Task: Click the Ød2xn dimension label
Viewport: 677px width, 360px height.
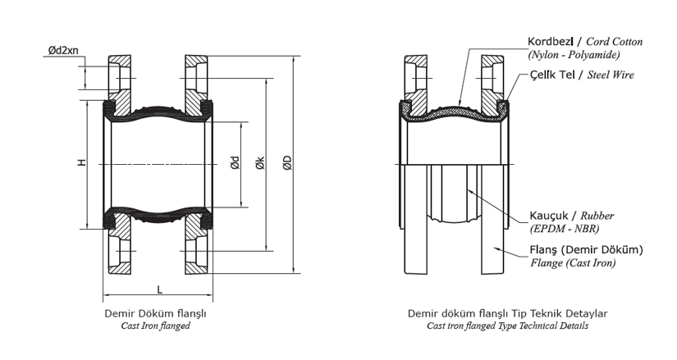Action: tap(63, 50)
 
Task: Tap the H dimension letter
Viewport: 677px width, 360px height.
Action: tap(81, 162)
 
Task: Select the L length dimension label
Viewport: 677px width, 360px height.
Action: tap(160, 289)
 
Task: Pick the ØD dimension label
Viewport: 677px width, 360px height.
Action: tap(287, 162)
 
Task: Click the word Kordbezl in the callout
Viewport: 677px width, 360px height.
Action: tap(551, 42)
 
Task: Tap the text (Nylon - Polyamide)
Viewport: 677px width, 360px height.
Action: tap(574, 55)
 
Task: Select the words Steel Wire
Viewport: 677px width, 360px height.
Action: tap(611, 75)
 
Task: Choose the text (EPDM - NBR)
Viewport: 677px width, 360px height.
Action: tap(565, 229)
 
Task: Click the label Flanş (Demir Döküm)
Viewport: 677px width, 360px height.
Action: tap(587, 249)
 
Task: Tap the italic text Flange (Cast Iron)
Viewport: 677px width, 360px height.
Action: tap(573, 263)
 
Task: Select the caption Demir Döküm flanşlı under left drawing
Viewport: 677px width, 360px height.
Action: tap(155, 313)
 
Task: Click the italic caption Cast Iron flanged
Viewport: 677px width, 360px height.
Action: tap(155, 326)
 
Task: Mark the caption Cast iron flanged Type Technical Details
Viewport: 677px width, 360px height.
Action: tap(507, 326)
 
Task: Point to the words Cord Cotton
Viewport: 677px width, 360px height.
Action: tap(615, 42)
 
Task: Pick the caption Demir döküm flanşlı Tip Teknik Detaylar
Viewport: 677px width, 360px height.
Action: tap(507, 313)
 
